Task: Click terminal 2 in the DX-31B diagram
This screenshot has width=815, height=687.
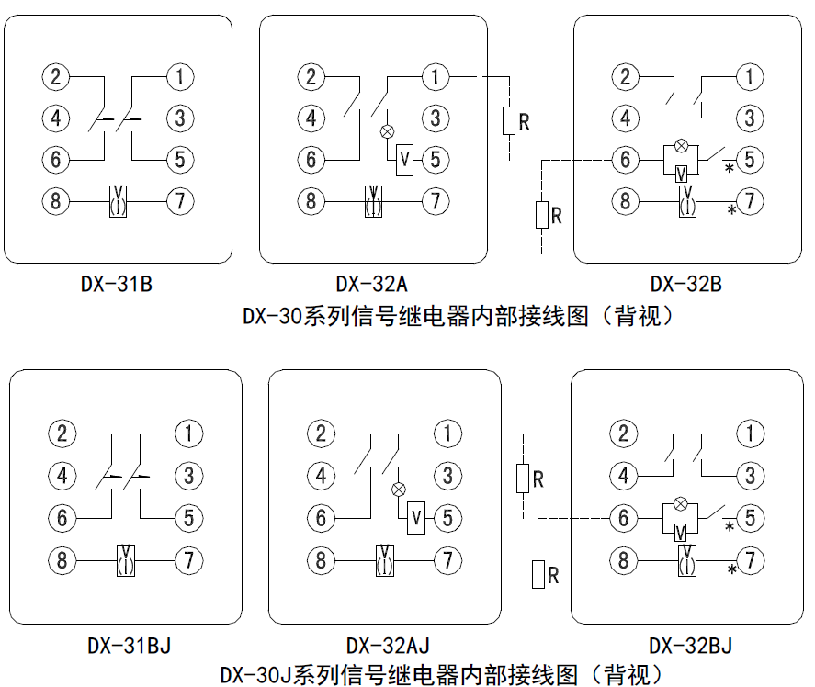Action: (x=56, y=76)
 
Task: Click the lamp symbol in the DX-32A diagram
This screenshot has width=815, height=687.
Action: (x=387, y=131)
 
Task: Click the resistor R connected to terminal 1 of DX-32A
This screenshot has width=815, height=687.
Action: (x=508, y=120)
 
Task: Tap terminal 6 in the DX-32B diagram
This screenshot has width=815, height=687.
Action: (x=626, y=160)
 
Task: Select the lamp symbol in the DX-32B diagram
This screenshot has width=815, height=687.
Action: (x=681, y=145)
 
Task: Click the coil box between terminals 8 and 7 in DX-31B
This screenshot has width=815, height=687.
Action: (x=119, y=200)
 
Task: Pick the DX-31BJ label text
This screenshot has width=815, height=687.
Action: (x=129, y=646)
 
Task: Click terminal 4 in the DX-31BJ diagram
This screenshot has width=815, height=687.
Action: (x=62, y=476)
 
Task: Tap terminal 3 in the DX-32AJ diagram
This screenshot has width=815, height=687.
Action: (x=447, y=476)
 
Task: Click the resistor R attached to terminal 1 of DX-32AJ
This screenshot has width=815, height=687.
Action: (x=522, y=479)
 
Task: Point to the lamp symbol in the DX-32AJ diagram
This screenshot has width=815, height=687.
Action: (x=398, y=490)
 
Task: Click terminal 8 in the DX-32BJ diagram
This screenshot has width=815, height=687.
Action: (x=624, y=558)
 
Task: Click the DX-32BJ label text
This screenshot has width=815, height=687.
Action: (x=691, y=646)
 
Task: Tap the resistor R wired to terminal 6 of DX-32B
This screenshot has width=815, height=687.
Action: (x=542, y=216)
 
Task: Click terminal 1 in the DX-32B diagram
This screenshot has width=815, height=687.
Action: (x=751, y=76)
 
